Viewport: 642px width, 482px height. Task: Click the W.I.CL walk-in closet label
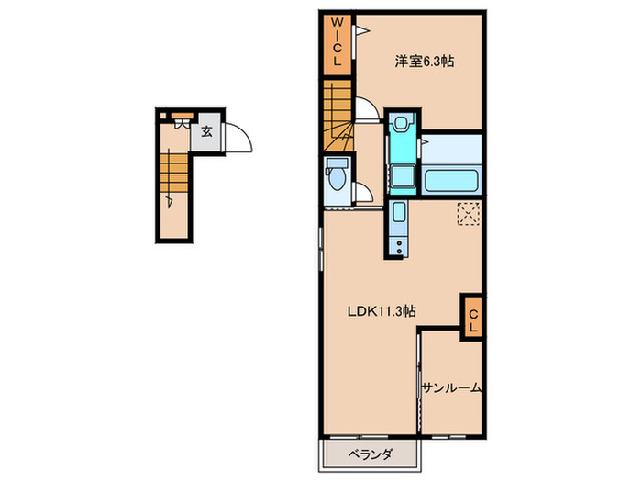coord(337,43)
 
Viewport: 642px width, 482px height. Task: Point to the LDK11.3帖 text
coord(381,311)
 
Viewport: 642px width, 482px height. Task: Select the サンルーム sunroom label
coord(451,388)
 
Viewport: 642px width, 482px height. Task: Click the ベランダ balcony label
coord(371,454)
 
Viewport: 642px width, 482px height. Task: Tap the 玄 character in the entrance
coord(206,132)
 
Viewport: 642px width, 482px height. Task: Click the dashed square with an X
coord(469,214)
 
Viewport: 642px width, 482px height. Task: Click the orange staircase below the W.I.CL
coord(337,115)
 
